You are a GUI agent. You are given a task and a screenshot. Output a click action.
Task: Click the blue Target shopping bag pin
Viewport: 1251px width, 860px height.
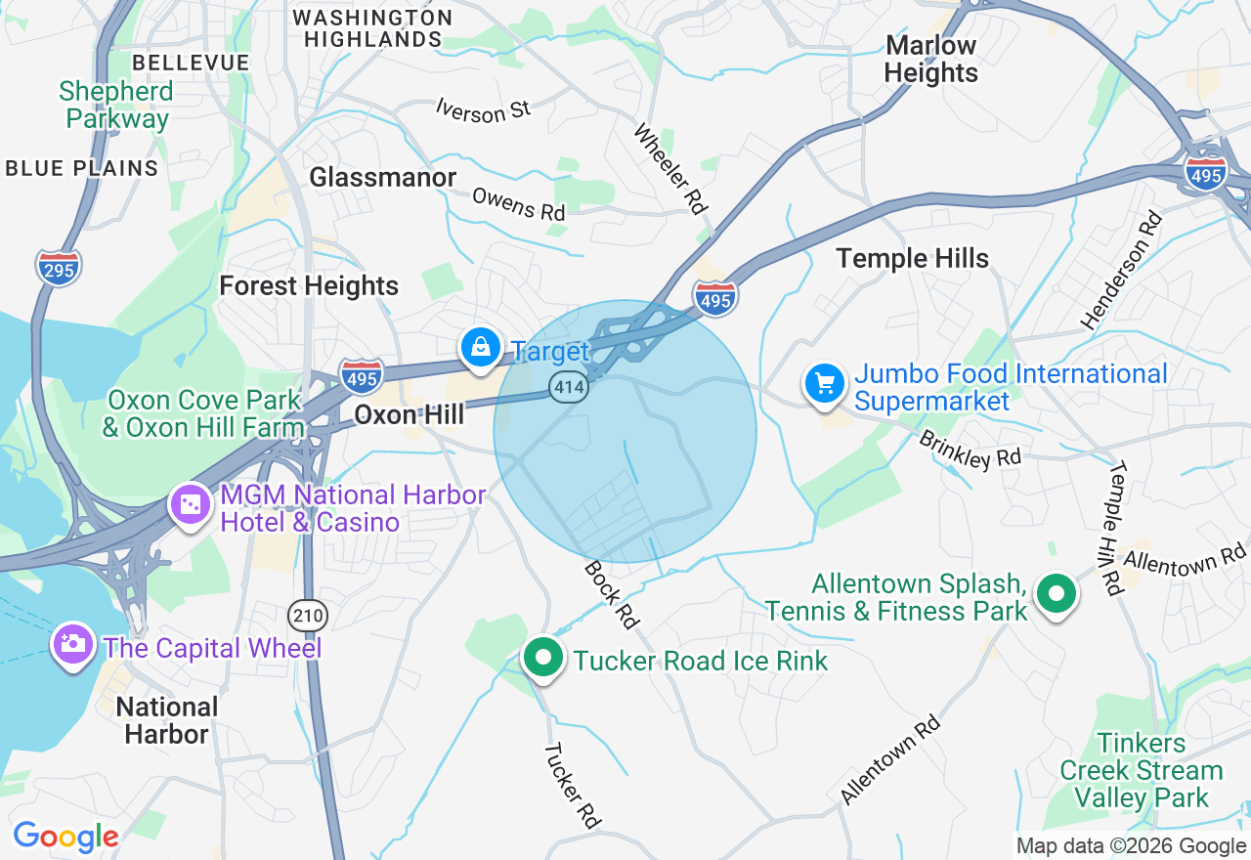click(481, 348)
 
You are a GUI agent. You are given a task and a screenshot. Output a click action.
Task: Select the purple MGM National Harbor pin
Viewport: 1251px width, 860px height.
click(191, 505)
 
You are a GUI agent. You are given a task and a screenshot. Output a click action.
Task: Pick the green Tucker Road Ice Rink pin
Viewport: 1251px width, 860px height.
click(543, 659)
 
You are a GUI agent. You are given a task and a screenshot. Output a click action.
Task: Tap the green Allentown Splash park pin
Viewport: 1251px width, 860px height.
click(1057, 594)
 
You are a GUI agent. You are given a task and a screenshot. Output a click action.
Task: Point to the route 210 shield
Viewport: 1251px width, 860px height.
click(308, 616)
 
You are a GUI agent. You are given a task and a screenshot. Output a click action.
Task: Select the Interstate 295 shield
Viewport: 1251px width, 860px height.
click(59, 268)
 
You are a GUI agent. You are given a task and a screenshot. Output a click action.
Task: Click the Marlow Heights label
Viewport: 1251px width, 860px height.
click(930, 59)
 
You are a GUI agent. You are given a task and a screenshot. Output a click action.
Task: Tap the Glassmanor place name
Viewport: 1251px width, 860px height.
click(383, 177)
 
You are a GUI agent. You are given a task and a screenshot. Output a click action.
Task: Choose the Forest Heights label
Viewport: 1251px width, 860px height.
click(309, 285)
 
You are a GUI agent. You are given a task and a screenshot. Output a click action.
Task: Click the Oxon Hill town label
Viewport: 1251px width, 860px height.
click(409, 414)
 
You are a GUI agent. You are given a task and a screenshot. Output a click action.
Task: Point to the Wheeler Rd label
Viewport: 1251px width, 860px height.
click(670, 168)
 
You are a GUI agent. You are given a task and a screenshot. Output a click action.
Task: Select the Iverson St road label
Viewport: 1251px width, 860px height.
click(484, 109)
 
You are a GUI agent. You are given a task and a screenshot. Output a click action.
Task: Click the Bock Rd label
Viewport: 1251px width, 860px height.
click(611, 594)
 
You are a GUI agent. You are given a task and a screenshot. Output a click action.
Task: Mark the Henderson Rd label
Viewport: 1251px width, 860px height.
click(1121, 270)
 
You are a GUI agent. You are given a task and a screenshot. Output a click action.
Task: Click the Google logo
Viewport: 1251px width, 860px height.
click(65, 837)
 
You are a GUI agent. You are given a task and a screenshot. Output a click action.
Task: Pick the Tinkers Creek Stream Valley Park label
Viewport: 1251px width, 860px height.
click(1142, 771)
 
